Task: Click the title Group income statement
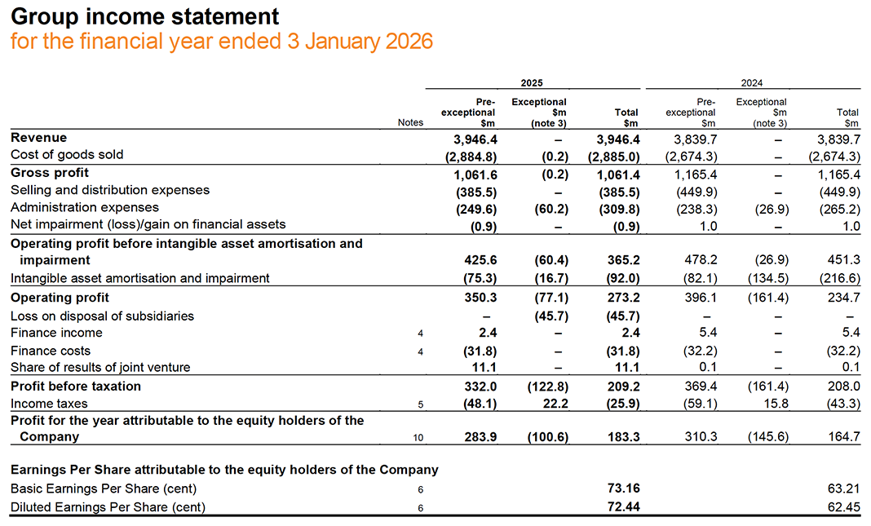144,16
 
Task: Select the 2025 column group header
532,82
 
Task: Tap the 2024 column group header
752,82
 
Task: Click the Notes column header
410,122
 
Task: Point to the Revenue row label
38,138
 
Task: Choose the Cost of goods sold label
67,155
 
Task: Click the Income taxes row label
49,404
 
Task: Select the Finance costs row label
51,351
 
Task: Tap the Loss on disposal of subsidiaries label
102,316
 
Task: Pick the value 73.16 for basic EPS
624,488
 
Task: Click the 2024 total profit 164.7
844,437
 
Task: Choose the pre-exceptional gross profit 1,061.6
476,173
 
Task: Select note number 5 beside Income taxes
421,404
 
